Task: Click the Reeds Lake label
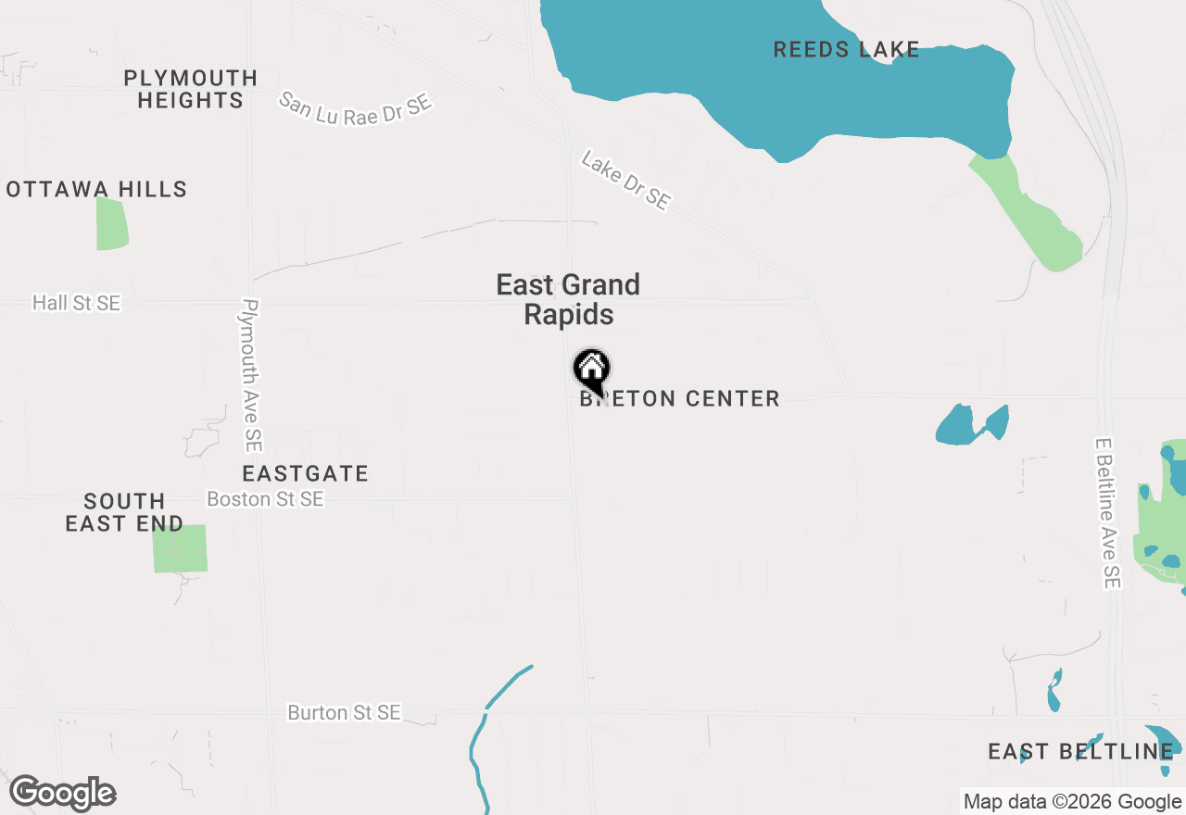click(846, 50)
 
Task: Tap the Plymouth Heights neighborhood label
click(190, 89)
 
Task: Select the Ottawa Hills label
click(96, 190)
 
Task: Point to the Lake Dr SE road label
click(625, 181)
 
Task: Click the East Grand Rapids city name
click(568, 299)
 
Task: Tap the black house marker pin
click(591, 370)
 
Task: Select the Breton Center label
click(679, 399)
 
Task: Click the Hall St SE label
click(76, 303)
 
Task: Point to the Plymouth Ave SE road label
click(251, 374)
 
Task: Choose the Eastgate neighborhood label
click(305, 474)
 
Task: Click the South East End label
click(124, 512)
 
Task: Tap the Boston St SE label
click(265, 499)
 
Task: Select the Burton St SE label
click(344, 713)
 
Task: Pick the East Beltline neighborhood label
click(1080, 751)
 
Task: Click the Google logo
click(62, 794)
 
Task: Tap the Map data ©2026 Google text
click(1072, 802)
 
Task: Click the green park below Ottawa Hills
click(111, 224)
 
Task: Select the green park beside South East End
click(180, 548)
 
